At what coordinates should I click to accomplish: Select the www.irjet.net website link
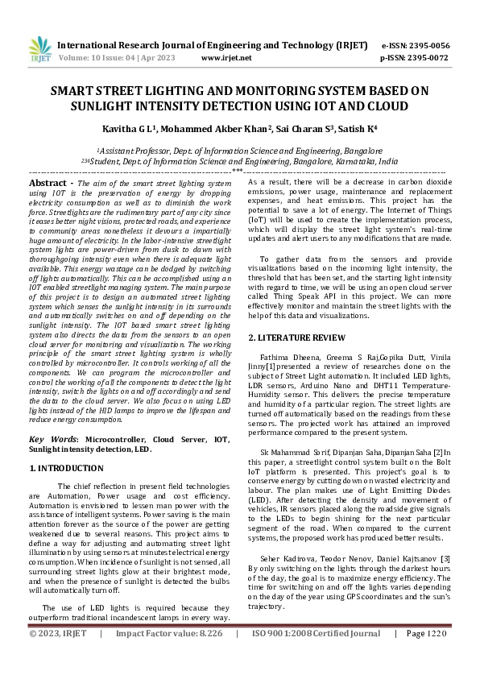(x=226, y=58)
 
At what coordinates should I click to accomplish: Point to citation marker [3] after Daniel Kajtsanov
(x=445, y=558)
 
